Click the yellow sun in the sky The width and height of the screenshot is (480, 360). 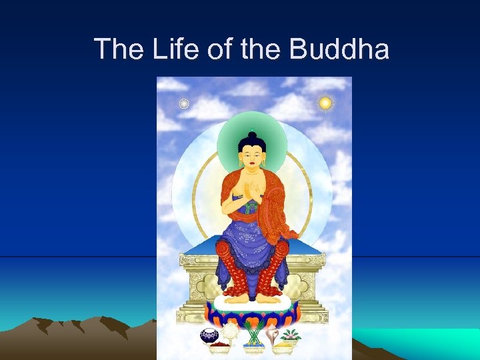click(325, 103)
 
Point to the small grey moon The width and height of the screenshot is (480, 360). click(184, 103)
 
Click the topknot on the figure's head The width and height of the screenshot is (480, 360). click(252, 137)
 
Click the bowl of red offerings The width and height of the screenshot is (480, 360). click(220, 345)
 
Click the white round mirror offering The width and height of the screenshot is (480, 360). click(229, 331)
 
